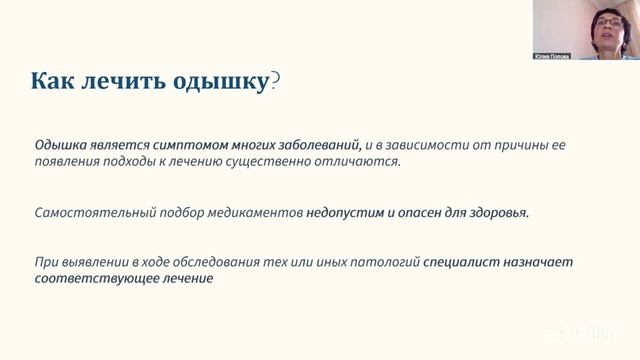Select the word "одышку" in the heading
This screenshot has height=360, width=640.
click(218, 82)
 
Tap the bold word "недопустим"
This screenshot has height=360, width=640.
click(347, 213)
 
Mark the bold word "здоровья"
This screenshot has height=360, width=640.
click(495, 213)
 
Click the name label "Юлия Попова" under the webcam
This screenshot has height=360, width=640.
click(552, 56)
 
